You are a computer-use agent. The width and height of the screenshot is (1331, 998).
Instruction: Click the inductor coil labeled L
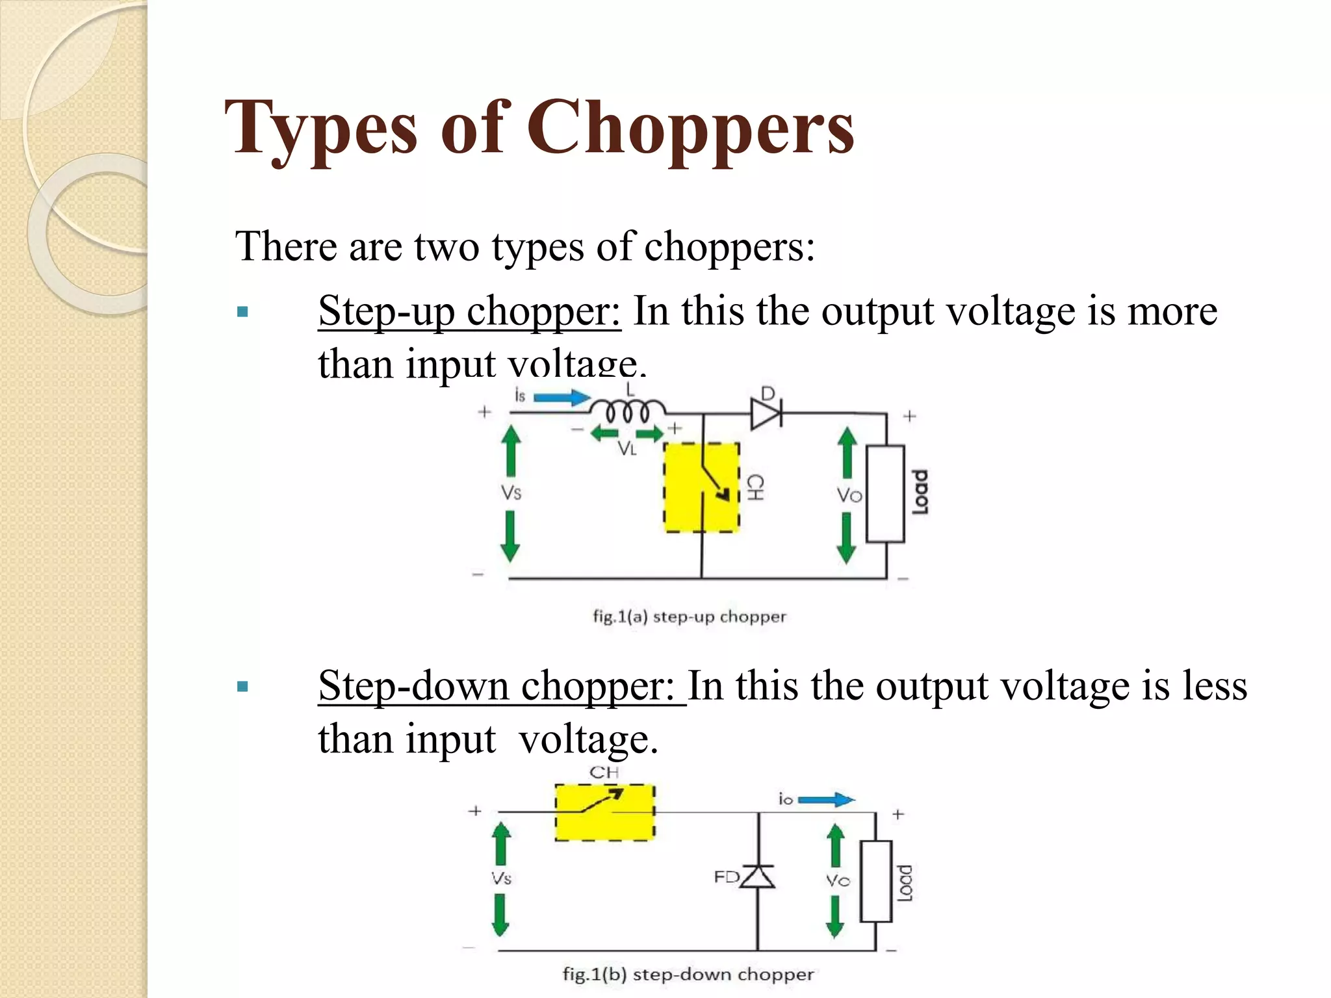click(x=627, y=411)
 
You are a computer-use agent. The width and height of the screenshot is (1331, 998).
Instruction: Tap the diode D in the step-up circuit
click(x=766, y=413)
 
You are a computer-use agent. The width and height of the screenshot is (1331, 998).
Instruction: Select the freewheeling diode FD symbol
click(x=758, y=877)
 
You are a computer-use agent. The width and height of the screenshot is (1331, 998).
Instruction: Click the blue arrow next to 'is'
click(x=562, y=397)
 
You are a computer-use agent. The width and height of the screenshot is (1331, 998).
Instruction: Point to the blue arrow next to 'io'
click(x=825, y=800)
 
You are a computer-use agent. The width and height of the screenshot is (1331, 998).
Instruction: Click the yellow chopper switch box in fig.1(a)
click(x=701, y=487)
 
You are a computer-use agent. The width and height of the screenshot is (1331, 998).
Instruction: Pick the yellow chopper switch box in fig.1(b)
click(x=604, y=812)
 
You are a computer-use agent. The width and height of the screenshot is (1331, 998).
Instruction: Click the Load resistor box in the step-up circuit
click(x=885, y=493)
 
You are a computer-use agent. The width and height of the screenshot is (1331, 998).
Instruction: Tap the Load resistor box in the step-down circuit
click(x=875, y=881)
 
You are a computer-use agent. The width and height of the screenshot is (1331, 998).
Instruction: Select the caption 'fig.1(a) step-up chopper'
click(x=689, y=616)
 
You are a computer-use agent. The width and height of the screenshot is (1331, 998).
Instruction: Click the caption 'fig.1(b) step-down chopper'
click(x=688, y=974)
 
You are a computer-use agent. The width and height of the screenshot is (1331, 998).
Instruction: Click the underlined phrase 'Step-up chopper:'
click(x=469, y=311)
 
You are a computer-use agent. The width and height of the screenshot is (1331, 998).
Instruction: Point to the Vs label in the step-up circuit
click(x=511, y=493)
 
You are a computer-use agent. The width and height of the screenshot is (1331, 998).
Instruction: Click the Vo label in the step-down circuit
click(x=838, y=880)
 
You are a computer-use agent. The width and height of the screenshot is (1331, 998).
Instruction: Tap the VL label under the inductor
click(x=627, y=448)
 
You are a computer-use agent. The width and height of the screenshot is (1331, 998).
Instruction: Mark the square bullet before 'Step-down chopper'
click(x=243, y=687)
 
